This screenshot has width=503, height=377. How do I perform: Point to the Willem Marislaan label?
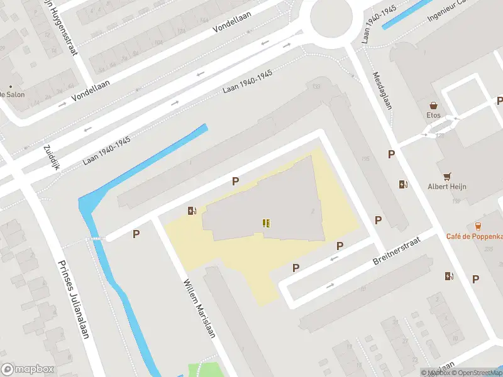[200, 307]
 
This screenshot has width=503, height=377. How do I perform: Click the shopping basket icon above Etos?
[433, 106]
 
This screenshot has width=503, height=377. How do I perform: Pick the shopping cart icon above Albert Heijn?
[447, 176]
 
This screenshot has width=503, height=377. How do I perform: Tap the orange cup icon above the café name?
[478, 226]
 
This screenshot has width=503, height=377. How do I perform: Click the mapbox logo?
[28, 369]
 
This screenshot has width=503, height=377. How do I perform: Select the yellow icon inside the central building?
[267, 222]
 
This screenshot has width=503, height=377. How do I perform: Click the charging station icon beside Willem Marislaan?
[192, 211]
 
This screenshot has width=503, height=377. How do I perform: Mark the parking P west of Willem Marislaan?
[136, 234]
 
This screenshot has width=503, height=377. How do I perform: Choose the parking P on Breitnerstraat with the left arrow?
[340, 246]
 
